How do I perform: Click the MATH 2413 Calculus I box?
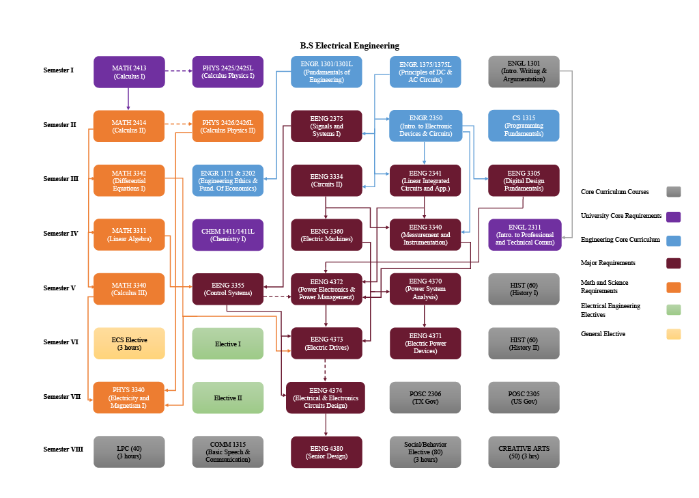click(x=129, y=72)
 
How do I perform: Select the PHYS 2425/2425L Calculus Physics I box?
click(x=227, y=72)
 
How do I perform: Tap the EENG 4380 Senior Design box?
click(x=326, y=452)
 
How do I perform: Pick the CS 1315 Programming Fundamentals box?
click(x=524, y=126)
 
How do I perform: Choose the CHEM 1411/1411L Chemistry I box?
click(x=227, y=235)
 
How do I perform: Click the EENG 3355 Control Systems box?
click(x=227, y=289)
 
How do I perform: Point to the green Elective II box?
click(x=227, y=398)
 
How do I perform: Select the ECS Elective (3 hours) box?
click(x=129, y=343)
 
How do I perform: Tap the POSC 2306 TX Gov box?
click(x=425, y=398)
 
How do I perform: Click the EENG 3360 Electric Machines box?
click(x=326, y=235)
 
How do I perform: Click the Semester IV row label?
click(x=61, y=234)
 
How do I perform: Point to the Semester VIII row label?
click(x=63, y=449)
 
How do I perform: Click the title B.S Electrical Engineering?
click(x=349, y=46)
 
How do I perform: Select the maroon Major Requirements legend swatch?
click(x=673, y=264)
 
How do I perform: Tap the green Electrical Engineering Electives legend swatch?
click(x=673, y=310)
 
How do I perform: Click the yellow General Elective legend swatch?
click(x=673, y=334)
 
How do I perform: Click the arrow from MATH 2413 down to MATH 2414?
click(x=128, y=98)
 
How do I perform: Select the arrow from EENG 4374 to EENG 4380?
click(x=326, y=424)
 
